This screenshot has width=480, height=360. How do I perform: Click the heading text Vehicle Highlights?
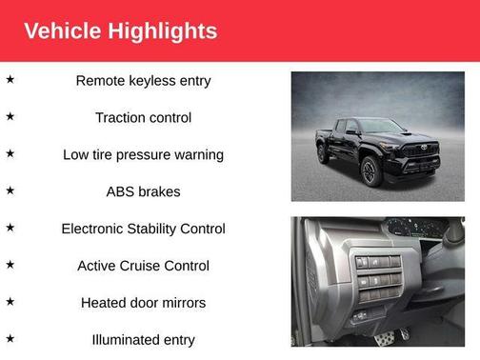coord(120,30)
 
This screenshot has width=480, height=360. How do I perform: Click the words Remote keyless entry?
coord(143,81)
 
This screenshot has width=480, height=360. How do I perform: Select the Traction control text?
coord(143,118)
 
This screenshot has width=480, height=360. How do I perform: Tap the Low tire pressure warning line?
coord(143,154)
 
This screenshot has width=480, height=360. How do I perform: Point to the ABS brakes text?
coord(143,191)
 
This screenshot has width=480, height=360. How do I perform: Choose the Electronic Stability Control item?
coord(143,229)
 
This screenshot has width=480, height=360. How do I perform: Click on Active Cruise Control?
coord(143,266)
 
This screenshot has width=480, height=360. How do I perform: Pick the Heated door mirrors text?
coord(143,303)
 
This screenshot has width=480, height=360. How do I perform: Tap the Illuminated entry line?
coord(143,339)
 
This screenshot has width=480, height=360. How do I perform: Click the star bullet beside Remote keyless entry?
coord(10,79)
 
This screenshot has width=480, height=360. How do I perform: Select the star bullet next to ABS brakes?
coord(10,190)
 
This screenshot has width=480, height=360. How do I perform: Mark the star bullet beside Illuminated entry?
coord(10,337)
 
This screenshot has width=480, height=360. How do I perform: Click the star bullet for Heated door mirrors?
coord(10,301)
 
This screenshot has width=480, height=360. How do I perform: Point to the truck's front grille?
coord(419,153)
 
